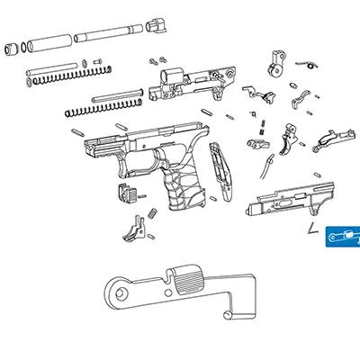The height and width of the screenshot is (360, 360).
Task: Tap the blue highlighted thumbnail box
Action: tap(342, 236)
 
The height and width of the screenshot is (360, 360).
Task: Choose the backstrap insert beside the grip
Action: tap(220, 171)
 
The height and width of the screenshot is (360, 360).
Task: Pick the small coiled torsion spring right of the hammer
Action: tap(310, 65)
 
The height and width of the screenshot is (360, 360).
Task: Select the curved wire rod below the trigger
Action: tap(268, 166)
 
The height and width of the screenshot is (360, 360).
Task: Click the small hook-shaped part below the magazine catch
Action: tap(135, 229)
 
